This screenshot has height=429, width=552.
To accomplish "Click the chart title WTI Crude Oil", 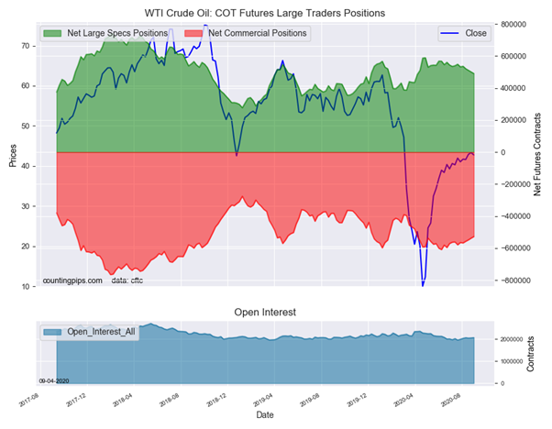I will click(265, 13).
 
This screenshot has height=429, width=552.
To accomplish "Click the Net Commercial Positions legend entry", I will click(257, 34).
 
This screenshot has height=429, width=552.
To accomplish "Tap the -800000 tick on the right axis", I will click(519, 280).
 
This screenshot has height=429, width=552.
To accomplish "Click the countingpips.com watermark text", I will click(72, 280).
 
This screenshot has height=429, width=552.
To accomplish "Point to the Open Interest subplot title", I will click(265, 313).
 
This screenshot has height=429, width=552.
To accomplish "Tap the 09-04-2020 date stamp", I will click(54, 379).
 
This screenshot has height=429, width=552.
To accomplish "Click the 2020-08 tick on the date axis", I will click(451, 400).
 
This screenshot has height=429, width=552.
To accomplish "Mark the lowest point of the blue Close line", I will click(423, 286).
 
